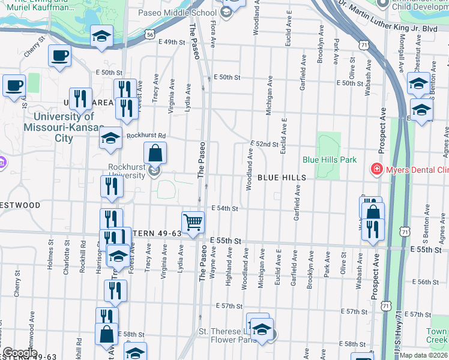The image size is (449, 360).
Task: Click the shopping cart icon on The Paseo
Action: (x=193, y=223)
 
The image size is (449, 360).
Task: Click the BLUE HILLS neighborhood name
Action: (x=282, y=178)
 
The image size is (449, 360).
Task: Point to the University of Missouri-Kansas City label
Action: (x=58, y=127)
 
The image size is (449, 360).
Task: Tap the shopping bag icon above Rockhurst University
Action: (x=155, y=154)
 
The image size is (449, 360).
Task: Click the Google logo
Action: (x=20, y=353)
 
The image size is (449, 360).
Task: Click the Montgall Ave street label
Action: (x=402, y=52)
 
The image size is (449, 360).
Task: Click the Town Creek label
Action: (x=437, y=336)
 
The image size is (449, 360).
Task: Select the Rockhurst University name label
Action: (x=127, y=171)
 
